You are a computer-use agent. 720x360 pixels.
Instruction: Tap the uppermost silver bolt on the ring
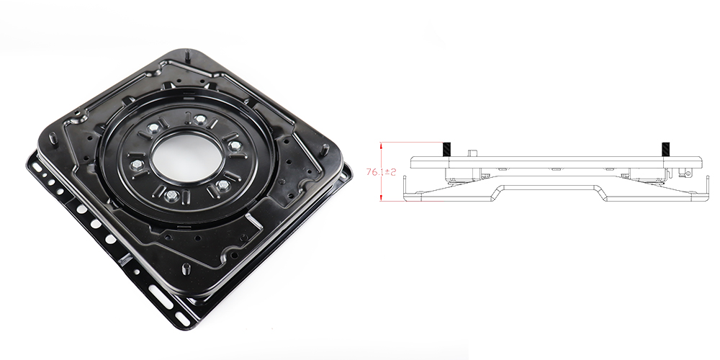coord(199,120)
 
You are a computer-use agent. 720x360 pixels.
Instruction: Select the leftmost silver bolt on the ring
coord(135,164)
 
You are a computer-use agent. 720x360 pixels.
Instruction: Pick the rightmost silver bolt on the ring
coord(235,146)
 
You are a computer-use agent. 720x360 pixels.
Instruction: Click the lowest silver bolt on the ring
coord(169,196)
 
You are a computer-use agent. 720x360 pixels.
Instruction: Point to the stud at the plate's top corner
coord(188,55)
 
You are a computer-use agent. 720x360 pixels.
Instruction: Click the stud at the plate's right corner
coord(325,150)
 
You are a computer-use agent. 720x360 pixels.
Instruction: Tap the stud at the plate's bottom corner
coord(186,269)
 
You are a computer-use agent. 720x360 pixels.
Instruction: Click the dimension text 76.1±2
coord(381,172)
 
